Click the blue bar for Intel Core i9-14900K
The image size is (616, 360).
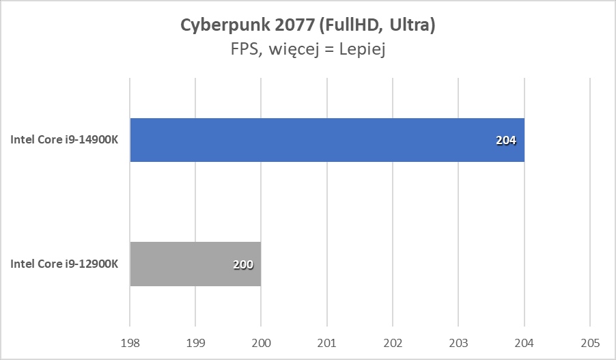(x=326, y=140)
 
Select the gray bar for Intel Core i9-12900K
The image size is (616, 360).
(x=195, y=264)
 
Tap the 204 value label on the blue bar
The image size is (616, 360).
(x=506, y=141)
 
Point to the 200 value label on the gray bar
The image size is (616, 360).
(x=242, y=264)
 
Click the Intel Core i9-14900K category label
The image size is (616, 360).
(x=65, y=140)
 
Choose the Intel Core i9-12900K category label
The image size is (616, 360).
(x=65, y=264)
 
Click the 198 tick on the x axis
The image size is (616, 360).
(x=130, y=343)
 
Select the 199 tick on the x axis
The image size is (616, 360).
(x=195, y=343)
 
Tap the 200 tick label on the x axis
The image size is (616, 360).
(x=261, y=343)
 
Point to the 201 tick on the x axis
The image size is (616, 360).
(x=327, y=343)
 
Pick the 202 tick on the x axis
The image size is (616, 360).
(x=393, y=343)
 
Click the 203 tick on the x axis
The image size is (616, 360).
(x=458, y=343)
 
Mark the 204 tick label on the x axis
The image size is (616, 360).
(x=524, y=343)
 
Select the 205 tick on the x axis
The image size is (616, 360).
(x=589, y=343)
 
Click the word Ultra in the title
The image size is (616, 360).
(x=414, y=25)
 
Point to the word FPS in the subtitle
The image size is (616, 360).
(x=243, y=51)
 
